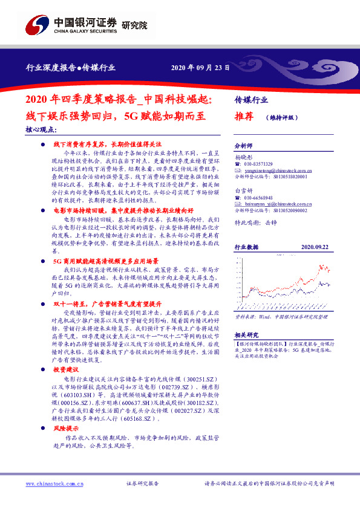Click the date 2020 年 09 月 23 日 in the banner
200,68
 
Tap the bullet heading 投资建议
66,369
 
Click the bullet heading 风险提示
66,427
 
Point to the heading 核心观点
41,129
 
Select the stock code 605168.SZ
141,417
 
